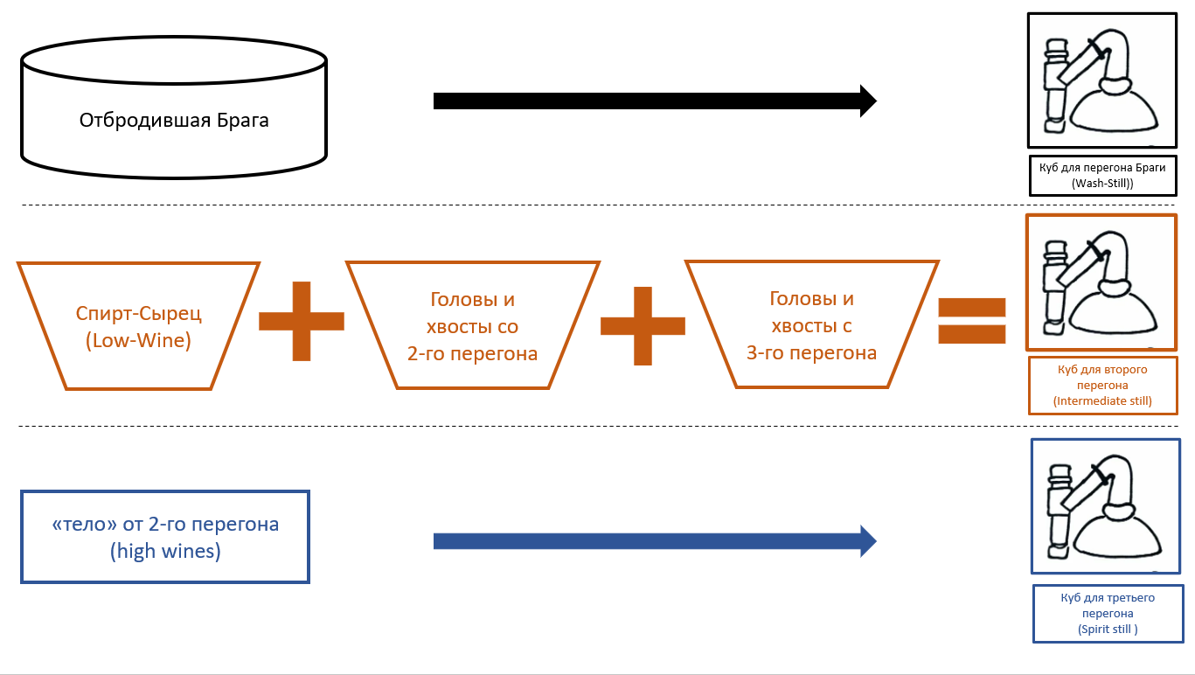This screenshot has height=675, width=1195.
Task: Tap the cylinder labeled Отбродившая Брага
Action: (x=174, y=109)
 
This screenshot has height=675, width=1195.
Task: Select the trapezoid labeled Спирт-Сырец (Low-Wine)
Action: (x=138, y=325)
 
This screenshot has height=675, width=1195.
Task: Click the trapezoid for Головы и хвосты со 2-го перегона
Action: (x=473, y=325)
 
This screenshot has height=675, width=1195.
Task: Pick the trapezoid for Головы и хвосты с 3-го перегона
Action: (x=811, y=325)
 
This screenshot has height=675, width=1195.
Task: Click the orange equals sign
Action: (x=971, y=320)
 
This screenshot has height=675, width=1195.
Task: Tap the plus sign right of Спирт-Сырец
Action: (x=302, y=321)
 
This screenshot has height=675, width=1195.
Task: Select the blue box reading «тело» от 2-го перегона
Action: (x=165, y=537)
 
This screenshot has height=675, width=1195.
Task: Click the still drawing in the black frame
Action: (x=1101, y=80)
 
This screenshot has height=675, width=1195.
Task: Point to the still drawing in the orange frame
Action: (x=1101, y=282)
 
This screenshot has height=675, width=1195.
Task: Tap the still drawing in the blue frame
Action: (x=1106, y=505)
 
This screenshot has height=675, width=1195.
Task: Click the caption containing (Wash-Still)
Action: (x=1101, y=175)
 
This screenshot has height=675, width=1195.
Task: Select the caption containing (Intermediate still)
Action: (x=1102, y=385)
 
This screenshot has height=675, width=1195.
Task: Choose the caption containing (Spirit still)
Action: (x=1108, y=613)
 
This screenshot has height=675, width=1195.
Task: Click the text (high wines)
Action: (x=165, y=552)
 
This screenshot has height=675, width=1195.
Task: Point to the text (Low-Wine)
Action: (x=138, y=341)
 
